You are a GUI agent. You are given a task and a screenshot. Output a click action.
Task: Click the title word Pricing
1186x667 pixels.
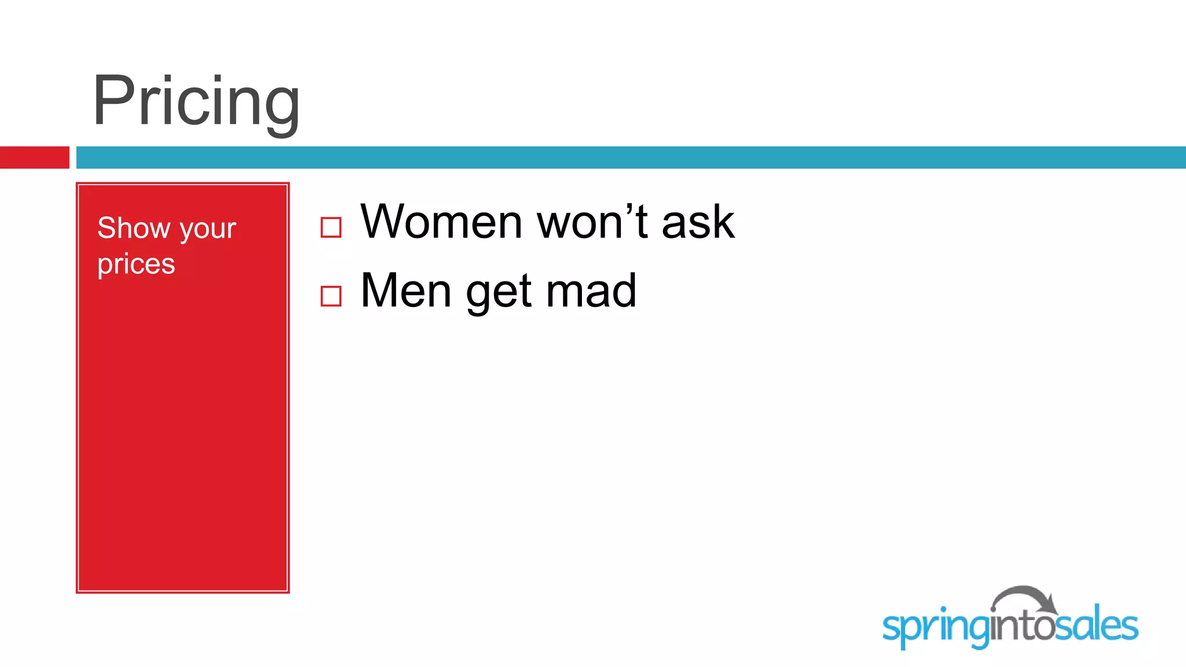click(x=196, y=101)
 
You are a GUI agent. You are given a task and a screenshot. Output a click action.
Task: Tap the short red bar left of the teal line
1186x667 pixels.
click(x=34, y=157)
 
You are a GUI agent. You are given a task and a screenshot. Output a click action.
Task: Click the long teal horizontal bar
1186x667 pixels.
click(x=630, y=157)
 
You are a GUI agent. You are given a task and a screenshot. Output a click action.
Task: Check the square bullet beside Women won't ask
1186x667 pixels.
click(x=331, y=228)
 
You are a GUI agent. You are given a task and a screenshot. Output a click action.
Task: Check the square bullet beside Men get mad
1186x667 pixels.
click(x=331, y=296)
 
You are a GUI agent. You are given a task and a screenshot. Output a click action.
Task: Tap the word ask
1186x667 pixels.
click(x=698, y=223)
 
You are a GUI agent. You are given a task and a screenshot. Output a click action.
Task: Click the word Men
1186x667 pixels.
click(x=405, y=290)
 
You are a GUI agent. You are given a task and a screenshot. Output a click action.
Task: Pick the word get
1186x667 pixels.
click(x=499, y=293)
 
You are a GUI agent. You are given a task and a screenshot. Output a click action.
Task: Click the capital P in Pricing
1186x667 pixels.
click(x=114, y=101)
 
